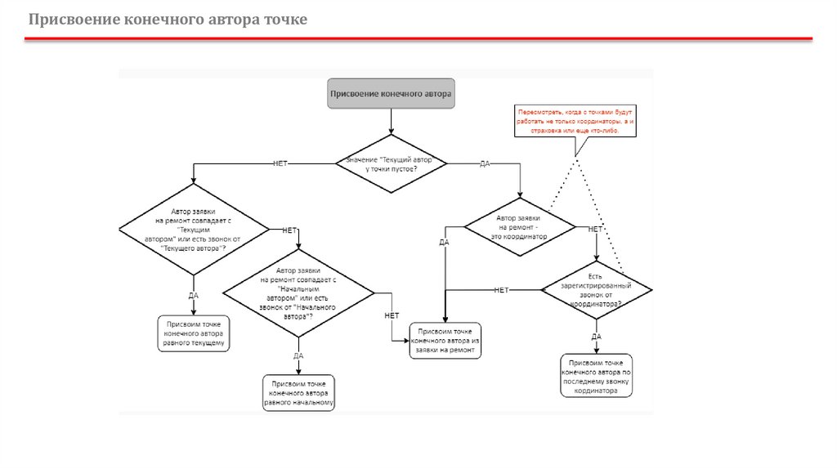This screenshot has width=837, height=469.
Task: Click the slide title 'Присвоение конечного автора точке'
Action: point(168,19)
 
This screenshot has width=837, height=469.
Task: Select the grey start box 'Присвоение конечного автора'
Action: point(391,94)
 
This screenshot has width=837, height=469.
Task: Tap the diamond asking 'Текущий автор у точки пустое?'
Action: point(392,163)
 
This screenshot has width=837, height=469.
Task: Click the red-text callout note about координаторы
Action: point(575,119)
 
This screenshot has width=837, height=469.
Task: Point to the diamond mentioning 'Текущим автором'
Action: point(194,230)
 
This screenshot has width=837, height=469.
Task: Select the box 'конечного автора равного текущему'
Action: point(194,334)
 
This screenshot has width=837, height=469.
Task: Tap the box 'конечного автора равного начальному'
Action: point(298,392)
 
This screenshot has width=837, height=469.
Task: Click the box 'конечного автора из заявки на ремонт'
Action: point(445,341)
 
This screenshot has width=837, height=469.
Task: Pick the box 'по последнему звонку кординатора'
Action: point(596,376)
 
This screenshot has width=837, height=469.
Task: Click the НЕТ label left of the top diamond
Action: point(280,163)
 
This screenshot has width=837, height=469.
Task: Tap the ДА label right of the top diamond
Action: point(485,164)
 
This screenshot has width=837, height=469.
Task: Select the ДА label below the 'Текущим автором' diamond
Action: point(194,295)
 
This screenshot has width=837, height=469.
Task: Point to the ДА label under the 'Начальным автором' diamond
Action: point(298,355)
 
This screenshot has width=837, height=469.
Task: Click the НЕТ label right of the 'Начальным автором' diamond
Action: point(392,315)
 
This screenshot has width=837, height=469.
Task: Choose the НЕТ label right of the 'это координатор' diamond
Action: point(595,230)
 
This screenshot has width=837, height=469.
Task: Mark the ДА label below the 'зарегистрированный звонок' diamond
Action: point(596,336)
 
